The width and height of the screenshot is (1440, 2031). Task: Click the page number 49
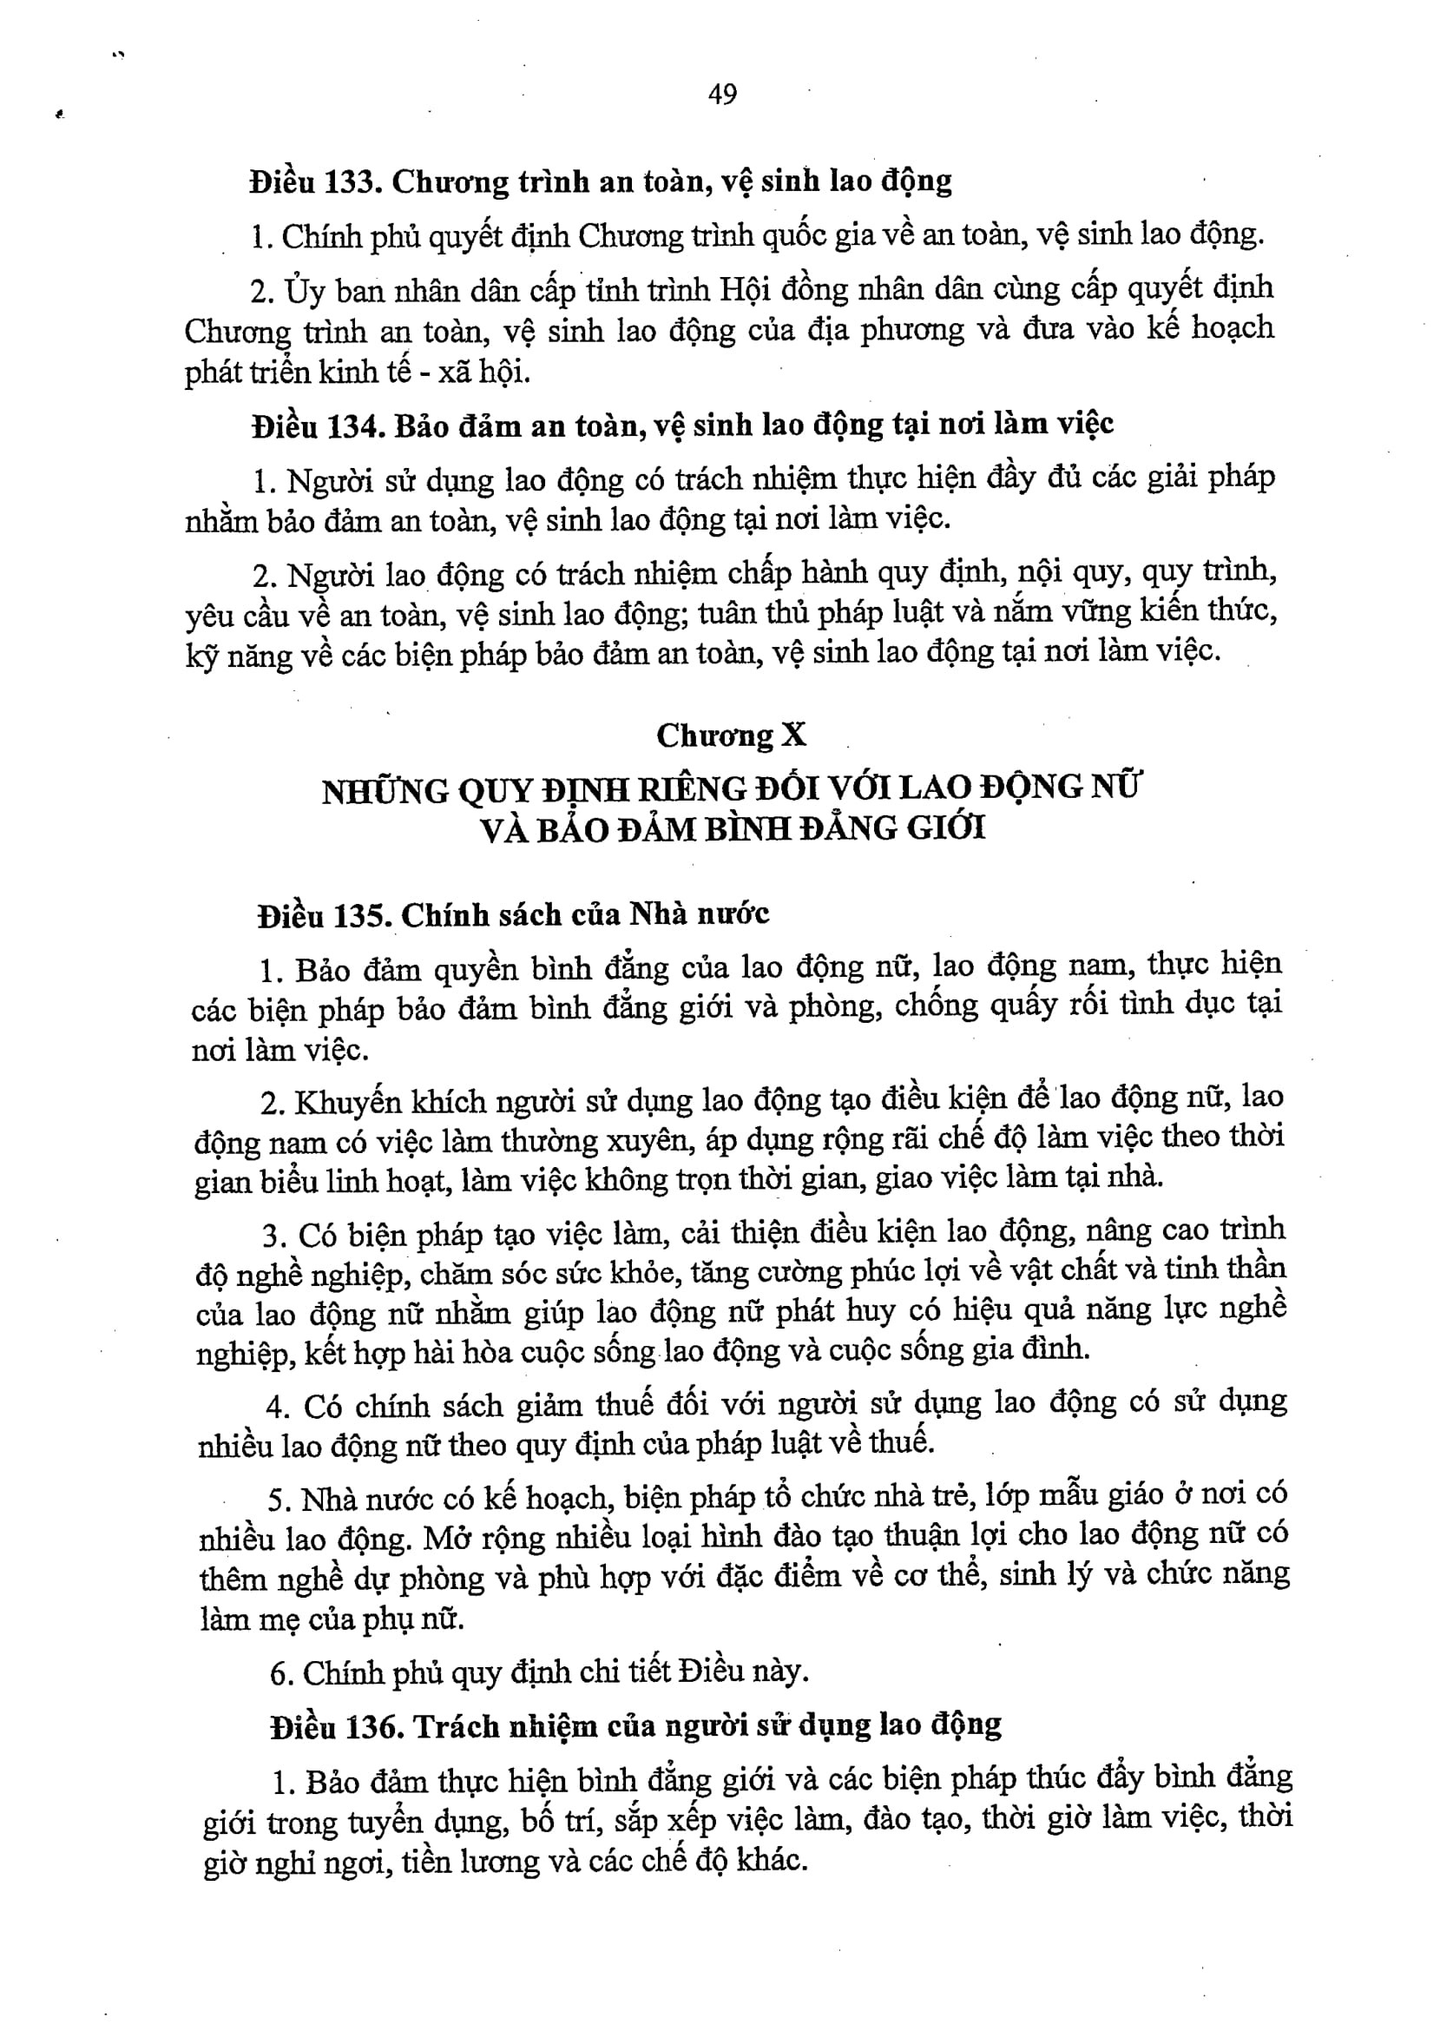coord(723,93)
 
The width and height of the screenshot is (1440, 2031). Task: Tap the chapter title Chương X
coord(732,735)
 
